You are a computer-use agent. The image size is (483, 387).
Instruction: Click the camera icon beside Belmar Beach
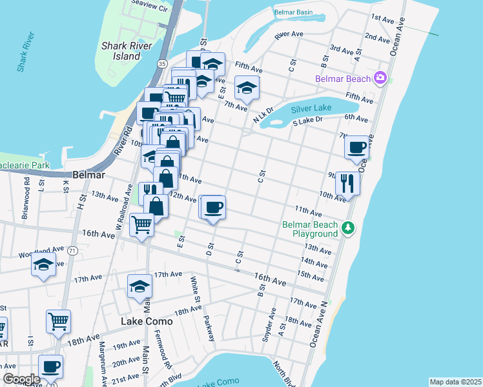(x=380, y=78)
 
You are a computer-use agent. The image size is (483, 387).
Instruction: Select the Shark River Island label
(x=121, y=51)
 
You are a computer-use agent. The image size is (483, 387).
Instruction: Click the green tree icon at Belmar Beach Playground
(x=348, y=228)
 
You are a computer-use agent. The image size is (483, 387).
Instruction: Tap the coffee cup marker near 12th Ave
(x=213, y=208)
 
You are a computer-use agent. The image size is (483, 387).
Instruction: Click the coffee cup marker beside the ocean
(x=356, y=148)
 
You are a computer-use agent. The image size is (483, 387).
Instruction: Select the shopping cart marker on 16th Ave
(x=141, y=225)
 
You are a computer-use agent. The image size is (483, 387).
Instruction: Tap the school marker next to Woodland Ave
(x=44, y=264)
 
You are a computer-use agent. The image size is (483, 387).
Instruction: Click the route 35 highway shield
(x=161, y=63)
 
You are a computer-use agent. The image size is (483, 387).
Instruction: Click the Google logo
(x=21, y=379)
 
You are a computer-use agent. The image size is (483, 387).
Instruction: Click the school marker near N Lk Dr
(x=246, y=88)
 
